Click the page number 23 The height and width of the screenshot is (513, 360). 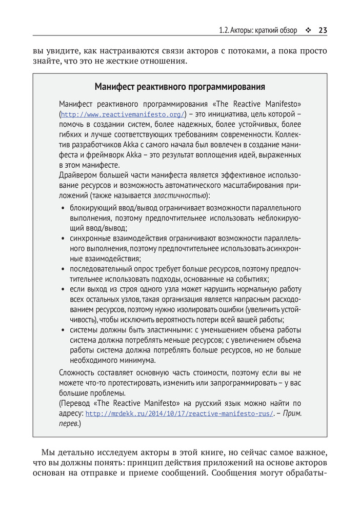pos(323,30)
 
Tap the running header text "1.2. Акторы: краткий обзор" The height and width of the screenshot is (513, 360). pos(258,30)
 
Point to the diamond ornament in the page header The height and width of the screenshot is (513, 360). pos(308,30)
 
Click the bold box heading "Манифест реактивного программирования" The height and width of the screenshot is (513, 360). pos(179,86)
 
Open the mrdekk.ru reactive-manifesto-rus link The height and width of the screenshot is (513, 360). pos(179,414)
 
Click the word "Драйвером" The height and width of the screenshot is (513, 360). pos(79,175)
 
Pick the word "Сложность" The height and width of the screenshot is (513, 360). pos(78,372)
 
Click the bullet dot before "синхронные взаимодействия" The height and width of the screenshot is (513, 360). pos(63,239)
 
